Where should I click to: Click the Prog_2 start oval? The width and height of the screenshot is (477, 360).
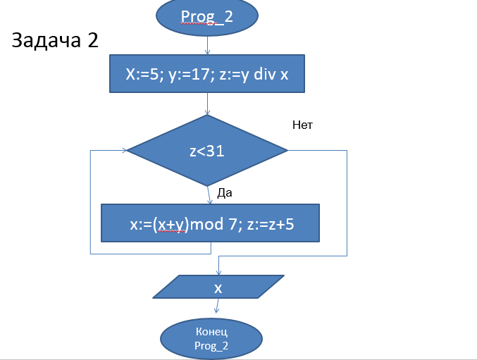[207, 17]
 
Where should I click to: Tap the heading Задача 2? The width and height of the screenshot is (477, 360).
[54, 41]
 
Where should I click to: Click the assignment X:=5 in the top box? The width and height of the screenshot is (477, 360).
[142, 75]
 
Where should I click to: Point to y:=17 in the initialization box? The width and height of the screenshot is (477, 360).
[191, 75]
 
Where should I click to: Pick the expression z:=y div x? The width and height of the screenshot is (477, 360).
[256, 75]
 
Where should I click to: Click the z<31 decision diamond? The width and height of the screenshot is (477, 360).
[207, 151]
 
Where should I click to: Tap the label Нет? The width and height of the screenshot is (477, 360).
[302, 125]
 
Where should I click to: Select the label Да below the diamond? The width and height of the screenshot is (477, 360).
[225, 192]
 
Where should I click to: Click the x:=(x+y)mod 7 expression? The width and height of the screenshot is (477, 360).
[182, 223]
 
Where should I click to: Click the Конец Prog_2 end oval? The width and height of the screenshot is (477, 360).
[211, 339]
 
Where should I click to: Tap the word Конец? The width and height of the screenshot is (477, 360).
[211, 332]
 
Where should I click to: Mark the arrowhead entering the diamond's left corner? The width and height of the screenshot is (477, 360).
[125, 150]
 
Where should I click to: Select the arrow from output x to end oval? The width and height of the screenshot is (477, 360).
[217, 308]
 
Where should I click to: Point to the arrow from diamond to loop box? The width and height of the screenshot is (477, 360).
[209, 195]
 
